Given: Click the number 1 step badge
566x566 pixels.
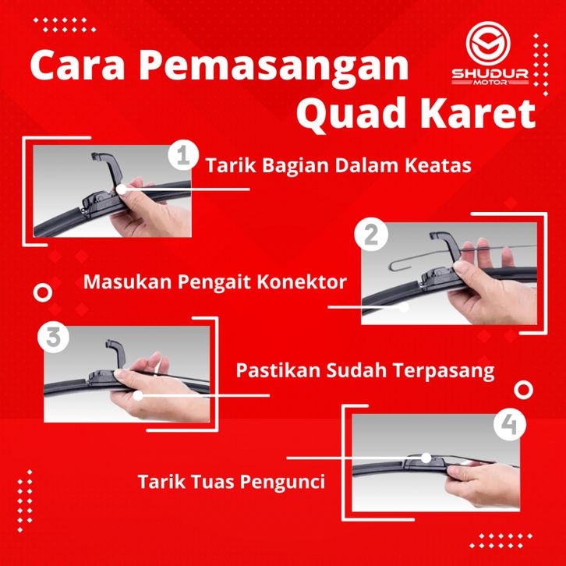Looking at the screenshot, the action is (183, 155).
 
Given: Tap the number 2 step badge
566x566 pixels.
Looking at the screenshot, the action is (371, 234).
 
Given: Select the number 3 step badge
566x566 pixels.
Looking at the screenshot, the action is (54, 337).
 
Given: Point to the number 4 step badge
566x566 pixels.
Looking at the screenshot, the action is (509, 424).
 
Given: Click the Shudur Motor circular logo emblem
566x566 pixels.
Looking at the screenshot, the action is (488, 43).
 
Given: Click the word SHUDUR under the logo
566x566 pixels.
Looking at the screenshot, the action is (490, 74).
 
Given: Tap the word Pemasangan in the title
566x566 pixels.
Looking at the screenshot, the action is (274, 67).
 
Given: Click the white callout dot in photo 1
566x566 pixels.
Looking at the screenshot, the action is (122, 189).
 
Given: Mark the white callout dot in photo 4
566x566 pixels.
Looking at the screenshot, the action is (426, 458).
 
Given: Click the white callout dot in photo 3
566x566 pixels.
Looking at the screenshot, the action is (137, 395).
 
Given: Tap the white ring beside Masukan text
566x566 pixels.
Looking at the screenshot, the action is (43, 293).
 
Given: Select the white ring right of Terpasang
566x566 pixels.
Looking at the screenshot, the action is (523, 390).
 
